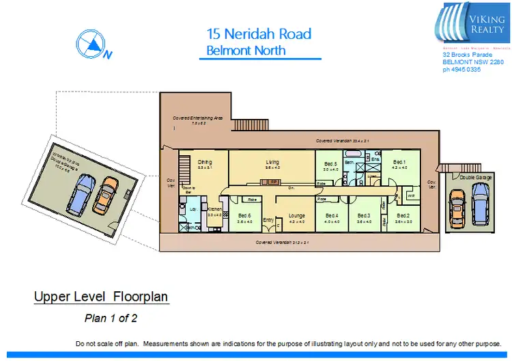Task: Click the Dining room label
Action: click(x=205, y=162)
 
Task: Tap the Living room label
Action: click(x=272, y=162)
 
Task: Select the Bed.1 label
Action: click(x=399, y=163)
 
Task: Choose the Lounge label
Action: click(x=296, y=215)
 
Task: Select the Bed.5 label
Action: click(x=331, y=164)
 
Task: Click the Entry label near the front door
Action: click(x=268, y=219)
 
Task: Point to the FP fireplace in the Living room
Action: click(x=272, y=183)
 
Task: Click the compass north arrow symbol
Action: click(x=90, y=45)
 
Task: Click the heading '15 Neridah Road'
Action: click(x=259, y=34)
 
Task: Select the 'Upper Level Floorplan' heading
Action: click(x=101, y=297)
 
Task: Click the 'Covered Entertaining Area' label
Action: click(x=198, y=118)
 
